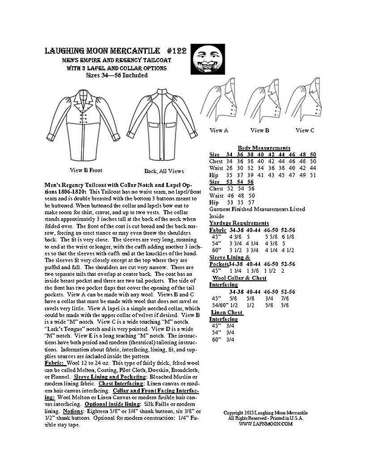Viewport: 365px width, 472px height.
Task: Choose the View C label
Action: pyautogui.click(x=304, y=129)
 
